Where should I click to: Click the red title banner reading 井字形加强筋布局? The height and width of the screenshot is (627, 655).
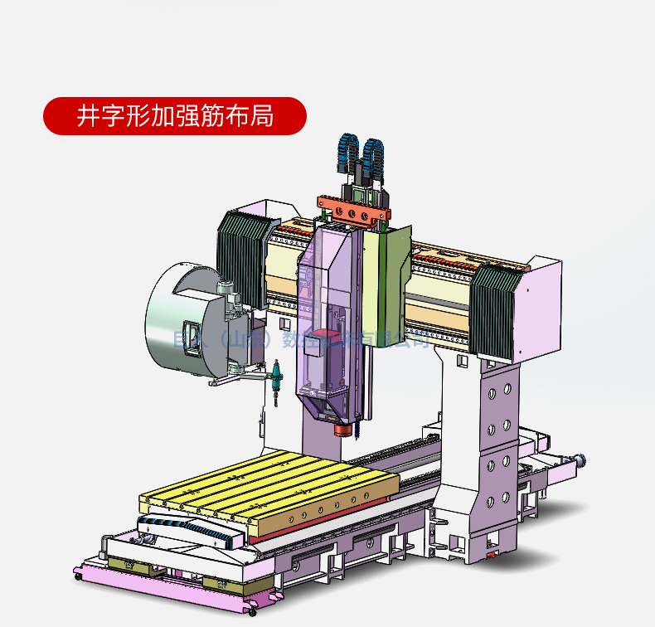[174, 115]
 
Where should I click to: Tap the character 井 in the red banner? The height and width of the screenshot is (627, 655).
[86, 115]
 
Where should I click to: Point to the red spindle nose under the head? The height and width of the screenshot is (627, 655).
[342, 430]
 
